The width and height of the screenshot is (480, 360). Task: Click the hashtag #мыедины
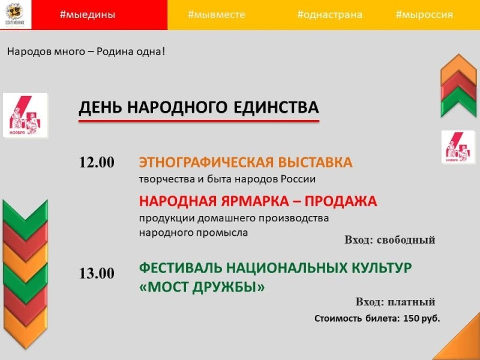88,14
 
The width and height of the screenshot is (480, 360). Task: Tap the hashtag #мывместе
217,14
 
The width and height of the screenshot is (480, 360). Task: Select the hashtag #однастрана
329,14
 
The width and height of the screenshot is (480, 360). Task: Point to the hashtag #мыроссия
424,14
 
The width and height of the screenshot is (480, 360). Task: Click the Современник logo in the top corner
15,14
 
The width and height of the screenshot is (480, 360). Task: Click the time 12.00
97,162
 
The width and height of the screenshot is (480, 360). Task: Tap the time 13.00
97,273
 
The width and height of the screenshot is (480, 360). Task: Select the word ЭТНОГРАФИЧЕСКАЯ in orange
206,162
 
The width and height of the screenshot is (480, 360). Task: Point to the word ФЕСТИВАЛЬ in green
181,268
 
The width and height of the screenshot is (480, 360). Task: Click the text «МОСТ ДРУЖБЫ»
202,287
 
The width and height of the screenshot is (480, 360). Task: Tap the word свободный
406,240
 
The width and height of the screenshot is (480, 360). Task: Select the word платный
411,302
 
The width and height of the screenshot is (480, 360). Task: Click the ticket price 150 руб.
422,319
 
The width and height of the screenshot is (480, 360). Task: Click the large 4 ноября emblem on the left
25,115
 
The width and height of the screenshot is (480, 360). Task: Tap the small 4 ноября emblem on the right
458,147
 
